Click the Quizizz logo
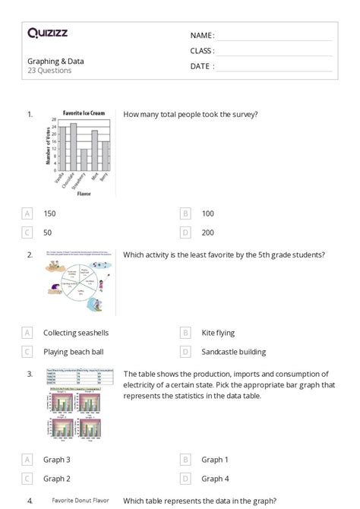coord(47,33)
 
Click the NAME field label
coord(202,35)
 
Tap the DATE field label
coord(202,66)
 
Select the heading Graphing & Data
coord(55,61)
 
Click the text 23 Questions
coord(49,71)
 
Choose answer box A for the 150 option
coord(28,213)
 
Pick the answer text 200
coord(208,232)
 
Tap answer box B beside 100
coord(185,213)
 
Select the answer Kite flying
coord(218,333)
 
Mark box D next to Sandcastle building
coord(185,352)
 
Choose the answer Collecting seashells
coord(76,333)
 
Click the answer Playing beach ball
coord(74,352)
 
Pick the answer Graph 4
coord(215,479)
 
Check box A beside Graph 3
coord(28,460)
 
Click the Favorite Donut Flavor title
coord(81,501)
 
